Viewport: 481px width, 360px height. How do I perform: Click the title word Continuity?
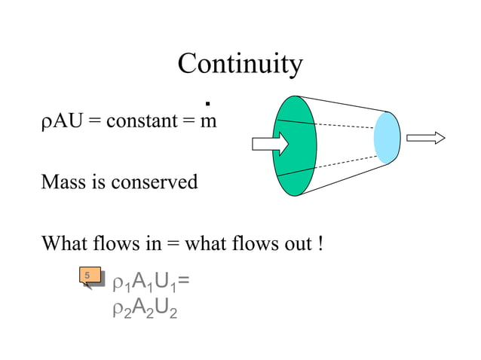pyautogui.click(x=240, y=66)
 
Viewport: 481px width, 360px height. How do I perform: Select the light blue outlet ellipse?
pyautogui.click(x=387, y=138)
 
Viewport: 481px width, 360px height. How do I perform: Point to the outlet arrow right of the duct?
pyautogui.click(x=425, y=138)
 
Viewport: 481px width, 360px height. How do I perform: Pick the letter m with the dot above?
pyautogui.click(x=207, y=121)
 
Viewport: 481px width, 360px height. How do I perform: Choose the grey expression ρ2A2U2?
pyautogui.click(x=144, y=308)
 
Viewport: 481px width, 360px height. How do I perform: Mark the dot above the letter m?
pyautogui.click(x=207, y=103)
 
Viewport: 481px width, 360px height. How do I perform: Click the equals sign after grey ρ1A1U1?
pyautogui.click(x=184, y=283)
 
